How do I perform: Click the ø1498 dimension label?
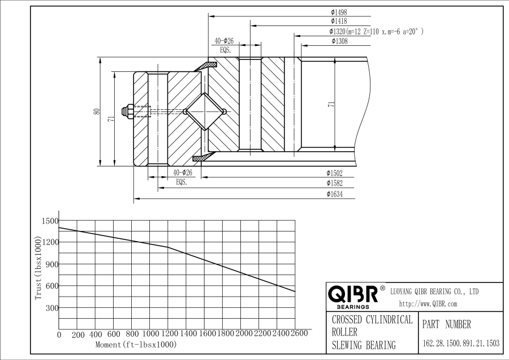click(x=339, y=11)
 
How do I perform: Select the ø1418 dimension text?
click(x=339, y=21)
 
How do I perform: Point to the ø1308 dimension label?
click(x=339, y=41)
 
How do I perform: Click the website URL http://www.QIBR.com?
click(x=429, y=304)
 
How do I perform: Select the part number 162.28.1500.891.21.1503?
click(x=461, y=344)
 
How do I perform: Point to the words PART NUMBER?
click(x=447, y=324)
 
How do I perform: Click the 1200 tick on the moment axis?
click(x=168, y=334)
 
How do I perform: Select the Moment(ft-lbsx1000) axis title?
click(x=136, y=344)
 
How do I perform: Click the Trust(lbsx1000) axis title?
click(x=38, y=267)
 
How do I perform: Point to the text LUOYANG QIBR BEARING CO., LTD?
click(x=435, y=292)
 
